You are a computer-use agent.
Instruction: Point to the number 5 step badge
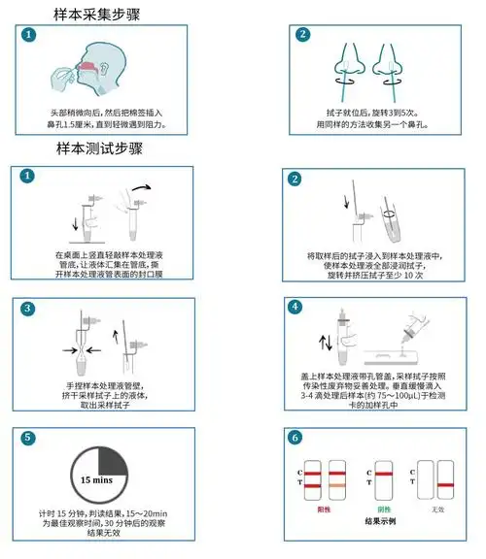28,437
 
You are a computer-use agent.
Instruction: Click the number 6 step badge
295,437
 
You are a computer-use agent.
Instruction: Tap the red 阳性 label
324,508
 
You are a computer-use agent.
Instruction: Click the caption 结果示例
379,521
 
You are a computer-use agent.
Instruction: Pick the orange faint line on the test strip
337,482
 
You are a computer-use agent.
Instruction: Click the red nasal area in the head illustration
87,68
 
